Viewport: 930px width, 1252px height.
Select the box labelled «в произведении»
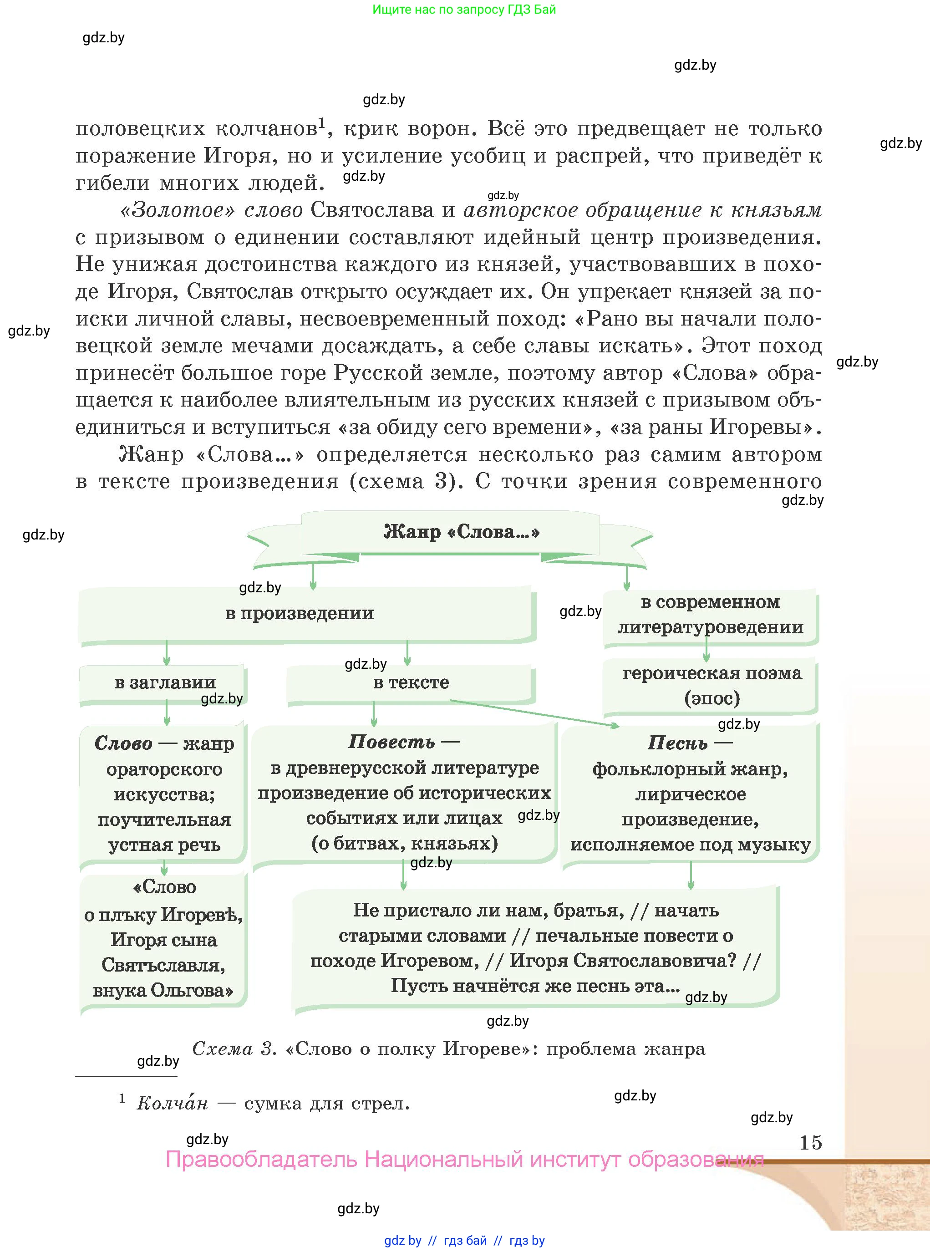(x=300, y=613)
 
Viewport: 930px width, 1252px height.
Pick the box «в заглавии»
(x=164, y=682)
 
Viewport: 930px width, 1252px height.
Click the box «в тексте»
(x=411, y=682)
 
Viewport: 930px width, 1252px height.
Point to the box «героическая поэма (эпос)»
(x=711, y=685)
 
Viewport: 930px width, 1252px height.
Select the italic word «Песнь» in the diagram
(x=677, y=743)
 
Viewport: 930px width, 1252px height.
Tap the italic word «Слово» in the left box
(x=123, y=743)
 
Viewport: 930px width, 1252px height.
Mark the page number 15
(x=810, y=1142)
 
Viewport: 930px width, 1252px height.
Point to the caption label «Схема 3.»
(x=234, y=1049)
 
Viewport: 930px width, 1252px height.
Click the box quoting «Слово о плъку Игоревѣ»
(x=163, y=938)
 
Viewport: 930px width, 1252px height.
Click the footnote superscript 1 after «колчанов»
(x=322, y=122)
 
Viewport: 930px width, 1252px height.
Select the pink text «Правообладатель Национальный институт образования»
(x=464, y=1160)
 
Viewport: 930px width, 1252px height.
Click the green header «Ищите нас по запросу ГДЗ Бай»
(x=464, y=10)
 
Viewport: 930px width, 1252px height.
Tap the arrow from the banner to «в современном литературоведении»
(x=626, y=577)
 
